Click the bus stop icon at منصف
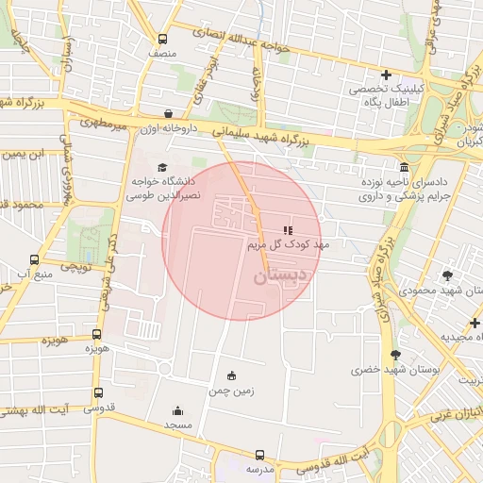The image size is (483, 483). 163,40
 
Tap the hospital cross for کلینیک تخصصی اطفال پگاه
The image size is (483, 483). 385,75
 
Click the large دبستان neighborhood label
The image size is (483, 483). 280,276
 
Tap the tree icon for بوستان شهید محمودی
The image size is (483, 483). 447,275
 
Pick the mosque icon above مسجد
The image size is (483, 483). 177,410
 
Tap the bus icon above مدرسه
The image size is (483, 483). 253,453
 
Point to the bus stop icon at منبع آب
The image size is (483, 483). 35,259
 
